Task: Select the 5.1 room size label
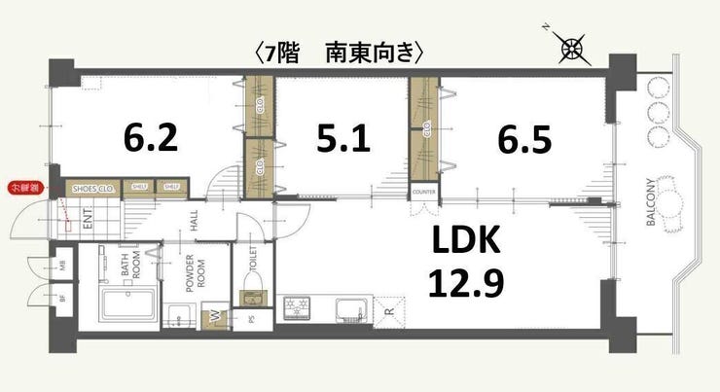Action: pos(342,139)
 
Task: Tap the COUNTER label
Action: pos(423,193)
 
